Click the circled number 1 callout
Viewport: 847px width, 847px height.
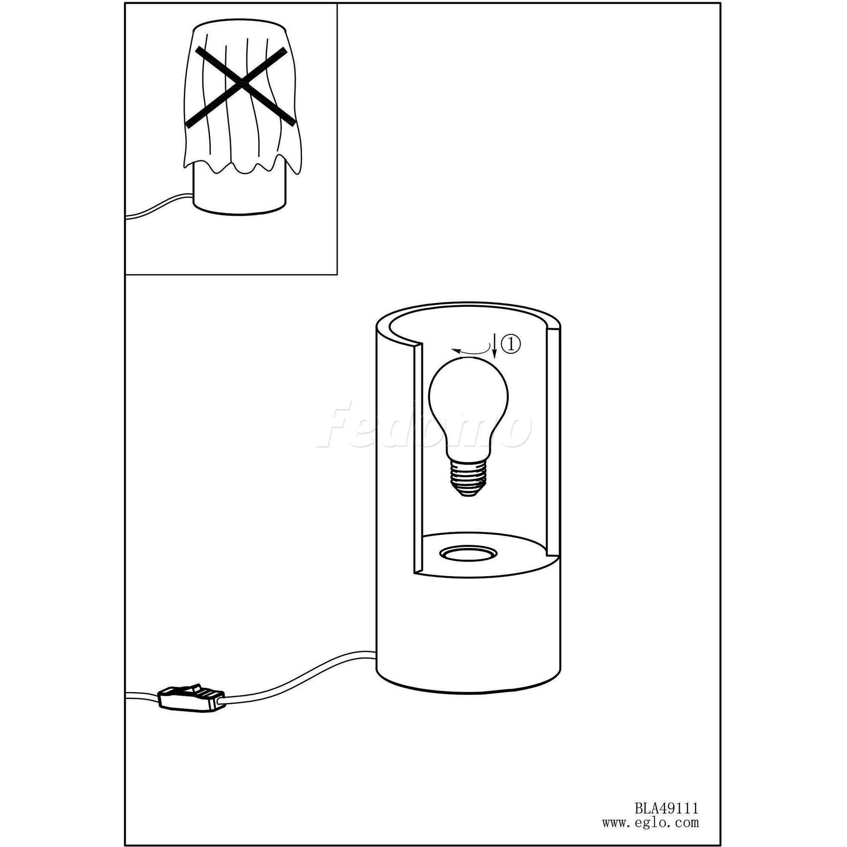click(x=511, y=344)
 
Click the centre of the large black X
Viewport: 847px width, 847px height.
click(x=239, y=87)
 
